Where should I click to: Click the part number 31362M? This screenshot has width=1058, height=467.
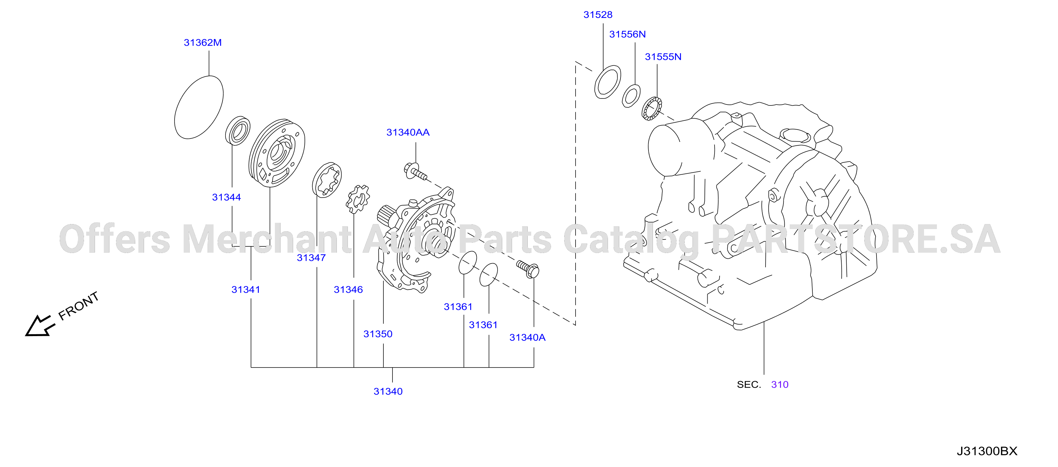203,43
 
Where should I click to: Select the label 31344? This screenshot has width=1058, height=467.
226,197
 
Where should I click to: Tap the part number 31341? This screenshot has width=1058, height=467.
246,290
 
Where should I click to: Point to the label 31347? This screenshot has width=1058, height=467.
311,258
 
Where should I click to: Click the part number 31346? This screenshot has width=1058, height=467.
348,290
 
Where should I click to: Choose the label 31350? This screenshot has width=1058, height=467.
378,334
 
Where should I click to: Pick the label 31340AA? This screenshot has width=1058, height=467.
408,132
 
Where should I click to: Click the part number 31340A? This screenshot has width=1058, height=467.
527,338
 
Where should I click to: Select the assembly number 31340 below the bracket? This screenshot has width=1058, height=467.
388,391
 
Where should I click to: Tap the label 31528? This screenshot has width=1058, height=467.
598,15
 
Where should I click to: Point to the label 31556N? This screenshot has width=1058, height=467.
627,34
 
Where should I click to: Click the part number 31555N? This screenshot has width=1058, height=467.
663,57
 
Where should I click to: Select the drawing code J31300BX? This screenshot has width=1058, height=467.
987,451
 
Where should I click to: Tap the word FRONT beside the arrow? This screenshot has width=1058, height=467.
78,306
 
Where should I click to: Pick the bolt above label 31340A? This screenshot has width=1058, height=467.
527,268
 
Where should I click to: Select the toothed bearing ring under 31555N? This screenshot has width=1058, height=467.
652,109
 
